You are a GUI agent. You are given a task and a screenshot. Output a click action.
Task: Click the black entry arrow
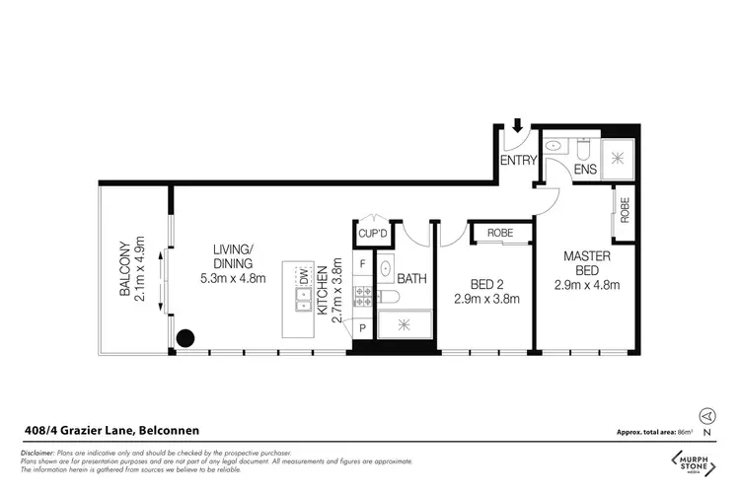517,125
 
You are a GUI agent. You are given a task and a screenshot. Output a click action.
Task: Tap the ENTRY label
518,160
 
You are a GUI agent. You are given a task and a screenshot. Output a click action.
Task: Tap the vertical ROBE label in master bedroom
625,211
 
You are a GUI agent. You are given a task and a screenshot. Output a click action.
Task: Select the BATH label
412,279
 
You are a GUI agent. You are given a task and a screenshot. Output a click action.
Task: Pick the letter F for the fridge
363,264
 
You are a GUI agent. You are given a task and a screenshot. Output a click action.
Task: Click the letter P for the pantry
362,327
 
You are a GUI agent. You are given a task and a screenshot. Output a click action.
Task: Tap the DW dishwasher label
305,274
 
